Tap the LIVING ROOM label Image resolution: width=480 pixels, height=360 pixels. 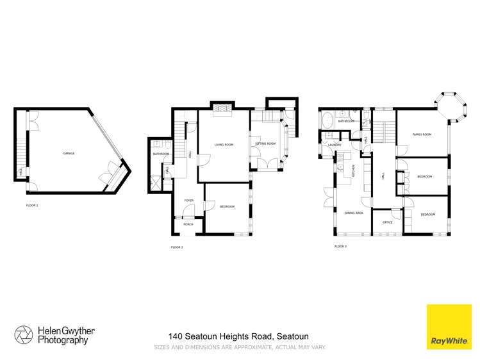point(224,145)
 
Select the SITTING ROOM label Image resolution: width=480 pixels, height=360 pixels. point(265,143)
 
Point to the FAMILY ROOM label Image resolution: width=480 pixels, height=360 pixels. point(422,135)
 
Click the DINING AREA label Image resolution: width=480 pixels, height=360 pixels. point(354,213)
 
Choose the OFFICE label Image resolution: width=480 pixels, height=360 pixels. point(387,222)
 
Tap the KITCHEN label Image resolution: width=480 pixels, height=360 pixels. point(354,171)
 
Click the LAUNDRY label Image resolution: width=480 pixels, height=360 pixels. point(334,145)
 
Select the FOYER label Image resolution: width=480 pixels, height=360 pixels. point(189,200)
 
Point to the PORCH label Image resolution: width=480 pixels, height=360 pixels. point(188,224)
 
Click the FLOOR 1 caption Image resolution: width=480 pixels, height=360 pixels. point(32,206)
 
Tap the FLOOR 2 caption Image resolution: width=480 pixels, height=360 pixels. point(177,247)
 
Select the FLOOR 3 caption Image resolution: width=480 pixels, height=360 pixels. point(340,246)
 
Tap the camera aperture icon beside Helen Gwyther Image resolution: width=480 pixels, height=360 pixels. point(24,335)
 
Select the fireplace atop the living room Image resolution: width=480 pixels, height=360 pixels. point(223,110)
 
